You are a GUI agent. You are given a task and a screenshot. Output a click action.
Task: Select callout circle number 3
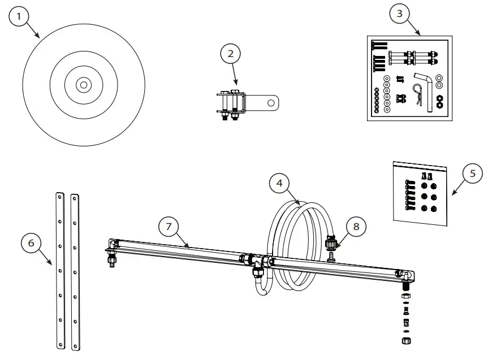pos(399,14)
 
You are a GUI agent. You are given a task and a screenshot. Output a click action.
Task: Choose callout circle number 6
pos(32,244)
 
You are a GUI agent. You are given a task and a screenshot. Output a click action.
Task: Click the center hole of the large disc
pos(84,85)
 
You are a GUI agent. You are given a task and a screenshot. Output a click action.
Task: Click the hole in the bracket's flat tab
pos(272,103)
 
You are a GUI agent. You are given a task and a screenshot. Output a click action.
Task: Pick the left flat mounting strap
pos(61,271)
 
